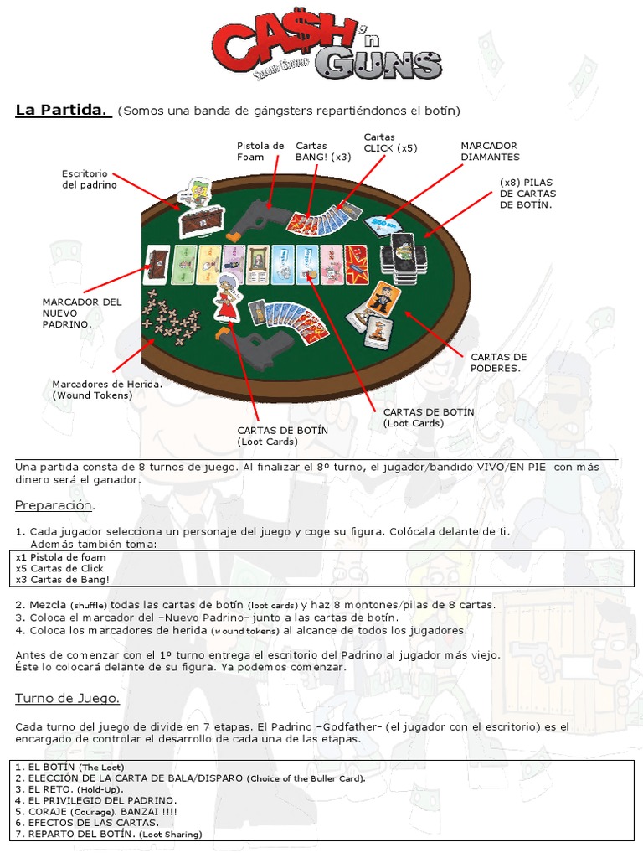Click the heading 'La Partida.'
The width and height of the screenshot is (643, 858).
tap(64, 111)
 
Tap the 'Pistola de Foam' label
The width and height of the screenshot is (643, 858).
tap(260, 151)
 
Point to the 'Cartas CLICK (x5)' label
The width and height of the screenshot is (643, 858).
tap(389, 142)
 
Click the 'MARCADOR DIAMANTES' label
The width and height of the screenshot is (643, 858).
tap(490, 151)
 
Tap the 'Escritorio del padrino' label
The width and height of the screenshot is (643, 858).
tap(90, 178)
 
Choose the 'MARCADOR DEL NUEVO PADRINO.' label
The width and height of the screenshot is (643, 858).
tap(82, 312)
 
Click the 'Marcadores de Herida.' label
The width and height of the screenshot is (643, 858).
tap(106, 389)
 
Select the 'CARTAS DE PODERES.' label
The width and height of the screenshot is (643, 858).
tap(499, 362)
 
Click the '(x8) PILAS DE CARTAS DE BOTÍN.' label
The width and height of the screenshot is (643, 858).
tap(527, 193)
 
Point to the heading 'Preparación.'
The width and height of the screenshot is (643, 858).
tap(55, 506)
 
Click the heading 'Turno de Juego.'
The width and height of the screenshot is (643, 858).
tap(68, 698)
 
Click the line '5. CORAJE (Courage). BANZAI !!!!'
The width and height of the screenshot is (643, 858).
tap(96, 812)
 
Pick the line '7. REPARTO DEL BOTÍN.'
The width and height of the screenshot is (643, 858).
tap(109, 834)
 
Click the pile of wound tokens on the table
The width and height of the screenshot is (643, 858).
tap(170, 319)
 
